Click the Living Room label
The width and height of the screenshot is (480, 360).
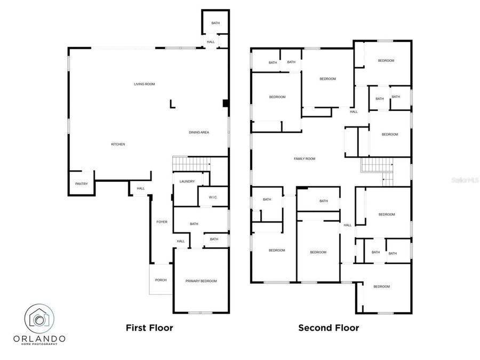click(144, 84)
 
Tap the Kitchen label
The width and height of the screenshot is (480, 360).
click(118, 145)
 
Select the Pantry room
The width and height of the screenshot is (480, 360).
click(81, 184)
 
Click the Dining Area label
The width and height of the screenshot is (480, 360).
click(198, 132)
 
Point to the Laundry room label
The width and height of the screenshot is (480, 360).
click(187, 182)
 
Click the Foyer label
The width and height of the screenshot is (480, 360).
click(162, 222)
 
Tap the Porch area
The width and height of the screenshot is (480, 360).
click(161, 280)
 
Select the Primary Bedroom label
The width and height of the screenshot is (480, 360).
click(201, 281)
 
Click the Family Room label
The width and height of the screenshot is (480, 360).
click(305, 159)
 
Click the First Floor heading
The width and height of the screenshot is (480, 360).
click(149, 328)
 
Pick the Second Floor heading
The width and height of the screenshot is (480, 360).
click(329, 328)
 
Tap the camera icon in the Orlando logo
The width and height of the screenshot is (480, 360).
click(39, 318)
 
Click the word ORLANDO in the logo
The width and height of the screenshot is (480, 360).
click(39, 339)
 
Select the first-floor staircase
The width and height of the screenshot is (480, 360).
click(190, 164)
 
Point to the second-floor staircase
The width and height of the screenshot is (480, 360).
click(377, 166)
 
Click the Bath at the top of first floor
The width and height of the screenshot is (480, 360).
click(215, 23)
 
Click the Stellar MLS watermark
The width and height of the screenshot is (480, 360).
click(465, 181)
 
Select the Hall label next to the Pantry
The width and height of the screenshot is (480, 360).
click(141, 188)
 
